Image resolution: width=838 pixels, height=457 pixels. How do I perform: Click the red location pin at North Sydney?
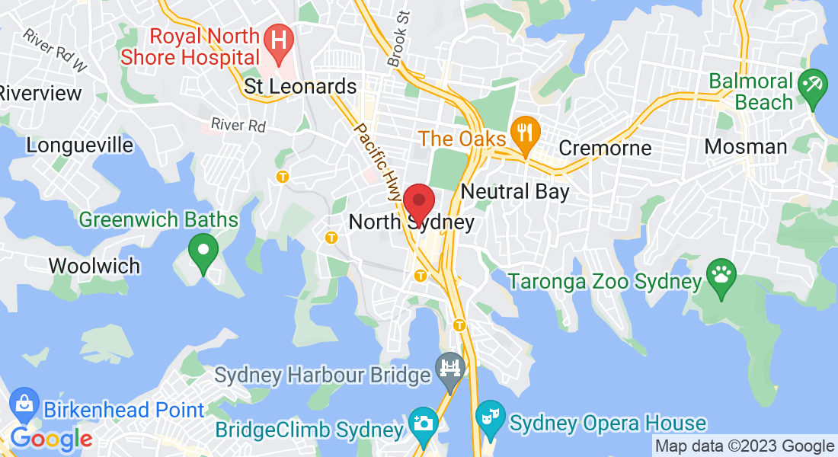pyautogui.click(x=418, y=201)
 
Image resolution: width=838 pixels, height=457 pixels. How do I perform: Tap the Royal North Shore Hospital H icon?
pyautogui.click(x=280, y=43)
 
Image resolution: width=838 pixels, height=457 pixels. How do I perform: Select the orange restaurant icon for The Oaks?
pyautogui.click(x=525, y=132)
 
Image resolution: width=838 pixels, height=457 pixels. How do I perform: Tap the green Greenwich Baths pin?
pyautogui.click(x=203, y=251)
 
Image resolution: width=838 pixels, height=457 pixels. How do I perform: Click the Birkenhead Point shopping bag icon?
pyautogui.click(x=24, y=403)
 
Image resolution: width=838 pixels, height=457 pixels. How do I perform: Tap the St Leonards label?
pyautogui.click(x=300, y=86)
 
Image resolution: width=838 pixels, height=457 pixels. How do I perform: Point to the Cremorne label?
pyautogui.click(x=605, y=147)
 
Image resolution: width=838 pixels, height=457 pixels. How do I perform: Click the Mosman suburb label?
pyautogui.click(x=745, y=146)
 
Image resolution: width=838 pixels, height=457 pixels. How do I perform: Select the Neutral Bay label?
pyautogui.click(x=515, y=190)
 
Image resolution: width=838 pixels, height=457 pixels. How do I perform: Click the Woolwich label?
pyautogui.click(x=94, y=266)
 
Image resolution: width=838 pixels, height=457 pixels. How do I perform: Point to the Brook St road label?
pyautogui.click(x=398, y=38)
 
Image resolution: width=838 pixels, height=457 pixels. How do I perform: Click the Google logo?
pyautogui.click(x=51, y=438)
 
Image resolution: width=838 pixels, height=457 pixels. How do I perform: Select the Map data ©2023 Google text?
pyautogui.click(x=744, y=446)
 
